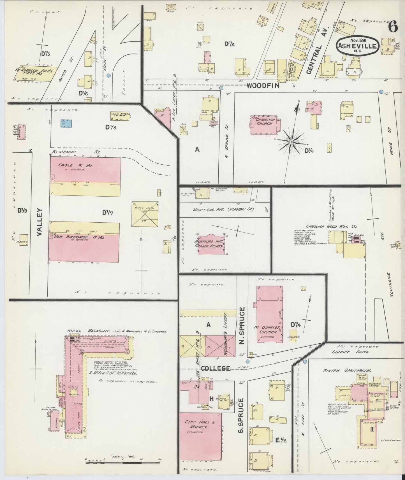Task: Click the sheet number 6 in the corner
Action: click(x=393, y=27)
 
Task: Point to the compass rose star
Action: click(x=291, y=142)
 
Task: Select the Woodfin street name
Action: click(x=263, y=86)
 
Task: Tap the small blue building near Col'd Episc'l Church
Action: click(x=66, y=123)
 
